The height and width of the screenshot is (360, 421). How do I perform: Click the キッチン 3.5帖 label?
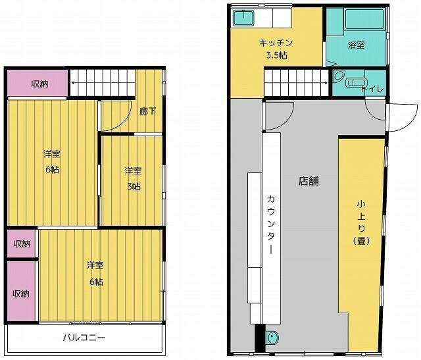pos(276,49)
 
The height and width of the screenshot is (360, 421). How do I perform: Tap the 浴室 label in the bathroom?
pos(356,45)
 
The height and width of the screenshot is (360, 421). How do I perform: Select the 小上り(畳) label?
pos(360,222)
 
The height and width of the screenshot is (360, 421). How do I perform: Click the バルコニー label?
pos(84,338)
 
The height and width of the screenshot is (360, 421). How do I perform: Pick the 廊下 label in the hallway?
pos(149,111)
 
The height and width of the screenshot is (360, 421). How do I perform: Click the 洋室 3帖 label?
pos(133,178)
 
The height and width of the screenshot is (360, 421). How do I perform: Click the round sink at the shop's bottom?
pos(272,340)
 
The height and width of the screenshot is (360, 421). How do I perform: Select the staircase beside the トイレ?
pos(297,84)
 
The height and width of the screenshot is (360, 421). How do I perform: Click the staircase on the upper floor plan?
pos(102,83)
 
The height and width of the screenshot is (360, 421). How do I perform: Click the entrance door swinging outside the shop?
pos(399,119)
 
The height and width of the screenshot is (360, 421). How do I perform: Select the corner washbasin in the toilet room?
pos(339,77)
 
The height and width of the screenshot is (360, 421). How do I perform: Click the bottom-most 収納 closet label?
pos(20,294)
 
